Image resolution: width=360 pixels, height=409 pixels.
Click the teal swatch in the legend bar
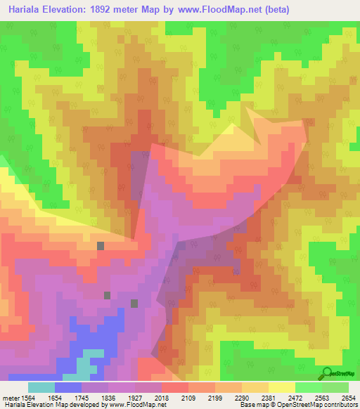pos(41,387)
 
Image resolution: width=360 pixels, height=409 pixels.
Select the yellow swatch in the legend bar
pos(281,387)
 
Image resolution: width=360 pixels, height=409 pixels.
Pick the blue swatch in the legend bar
pos(67,387)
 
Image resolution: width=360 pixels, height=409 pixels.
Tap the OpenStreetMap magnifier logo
pos(326,374)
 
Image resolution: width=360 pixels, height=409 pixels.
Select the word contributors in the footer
pos(342,405)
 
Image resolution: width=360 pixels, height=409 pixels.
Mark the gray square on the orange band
pos(101,245)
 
